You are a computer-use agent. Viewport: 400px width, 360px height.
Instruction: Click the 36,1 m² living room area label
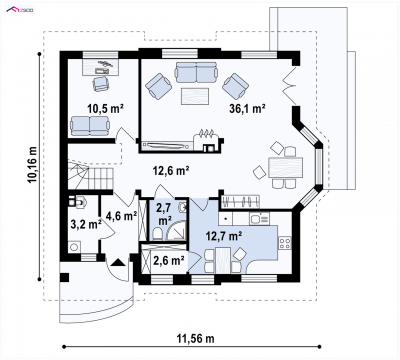click(x=247, y=108)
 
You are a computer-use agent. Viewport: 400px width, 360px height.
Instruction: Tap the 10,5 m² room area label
click(x=105, y=108)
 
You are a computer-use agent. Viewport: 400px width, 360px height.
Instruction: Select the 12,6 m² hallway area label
click(x=170, y=170)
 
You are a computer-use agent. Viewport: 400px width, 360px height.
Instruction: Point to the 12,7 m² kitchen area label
click(x=223, y=236)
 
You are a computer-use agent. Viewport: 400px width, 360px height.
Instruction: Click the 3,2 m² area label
click(x=86, y=224)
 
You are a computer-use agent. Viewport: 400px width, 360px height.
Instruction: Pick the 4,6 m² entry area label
click(x=121, y=216)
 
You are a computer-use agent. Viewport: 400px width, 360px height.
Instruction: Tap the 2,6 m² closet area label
click(x=168, y=260)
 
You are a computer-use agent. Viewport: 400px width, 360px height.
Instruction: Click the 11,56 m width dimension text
click(x=195, y=339)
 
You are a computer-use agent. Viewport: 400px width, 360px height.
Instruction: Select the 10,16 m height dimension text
click(x=32, y=165)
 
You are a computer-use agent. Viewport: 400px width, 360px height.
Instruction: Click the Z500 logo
click(x=20, y=10)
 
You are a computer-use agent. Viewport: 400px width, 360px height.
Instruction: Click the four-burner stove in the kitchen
click(x=284, y=243)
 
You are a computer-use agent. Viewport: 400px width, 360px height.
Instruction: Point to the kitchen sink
click(x=259, y=218)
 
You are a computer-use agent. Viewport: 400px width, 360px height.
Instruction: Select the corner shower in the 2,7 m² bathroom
click(x=176, y=230)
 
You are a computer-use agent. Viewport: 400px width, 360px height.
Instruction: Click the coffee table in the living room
click(x=195, y=96)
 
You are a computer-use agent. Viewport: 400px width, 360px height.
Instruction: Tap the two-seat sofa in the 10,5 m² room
click(x=90, y=125)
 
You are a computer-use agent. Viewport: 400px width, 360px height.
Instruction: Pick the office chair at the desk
click(x=101, y=83)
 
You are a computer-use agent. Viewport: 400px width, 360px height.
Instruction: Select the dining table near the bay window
click(x=285, y=167)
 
